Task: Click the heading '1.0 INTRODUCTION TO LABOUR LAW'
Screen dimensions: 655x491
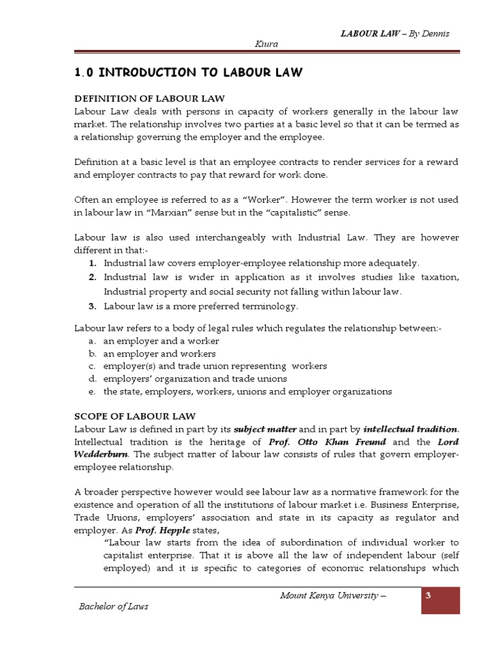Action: (x=189, y=73)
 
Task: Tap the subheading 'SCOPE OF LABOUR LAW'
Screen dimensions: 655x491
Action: (x=135, y=416)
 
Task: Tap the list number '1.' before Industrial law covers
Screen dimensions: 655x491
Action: (x=93, y=263)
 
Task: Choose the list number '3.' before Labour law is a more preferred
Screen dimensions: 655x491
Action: (x=93, y=306)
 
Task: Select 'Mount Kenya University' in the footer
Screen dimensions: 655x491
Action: (x=332, y=596)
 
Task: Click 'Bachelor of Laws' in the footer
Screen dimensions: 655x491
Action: (x=114, y=606)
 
